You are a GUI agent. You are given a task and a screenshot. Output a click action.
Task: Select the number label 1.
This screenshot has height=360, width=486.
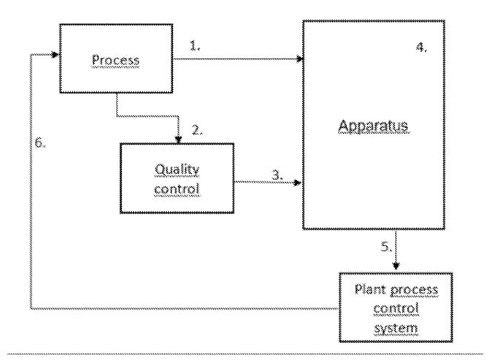(196, 45)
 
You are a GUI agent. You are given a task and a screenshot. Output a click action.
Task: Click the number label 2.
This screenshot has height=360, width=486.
(197, 129)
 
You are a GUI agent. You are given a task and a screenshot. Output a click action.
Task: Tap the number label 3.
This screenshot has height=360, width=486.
(277, 176)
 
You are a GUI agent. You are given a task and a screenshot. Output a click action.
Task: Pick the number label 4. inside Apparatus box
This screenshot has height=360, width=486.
(421, 47)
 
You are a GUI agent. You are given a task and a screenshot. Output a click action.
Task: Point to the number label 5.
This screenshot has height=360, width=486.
(386, 248)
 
